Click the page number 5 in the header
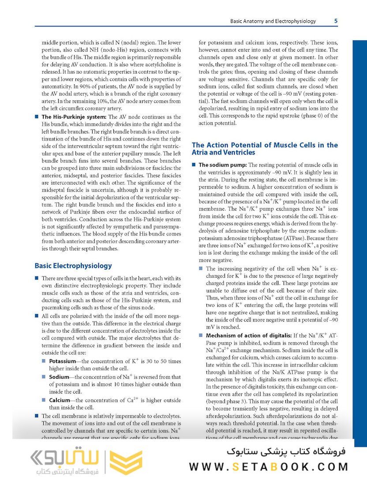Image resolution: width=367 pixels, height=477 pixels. [x=336, y=21]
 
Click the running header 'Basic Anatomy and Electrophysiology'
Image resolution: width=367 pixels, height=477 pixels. [x=273, y=21]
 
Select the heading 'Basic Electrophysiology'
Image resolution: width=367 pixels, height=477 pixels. [x=73, y=266]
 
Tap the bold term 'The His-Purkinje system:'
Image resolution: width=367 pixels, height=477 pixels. [x=74, y=117]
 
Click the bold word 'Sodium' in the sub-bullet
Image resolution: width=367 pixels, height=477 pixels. [x=59, y=377]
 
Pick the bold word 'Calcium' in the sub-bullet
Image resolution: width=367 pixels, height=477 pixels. [x=60, y=400]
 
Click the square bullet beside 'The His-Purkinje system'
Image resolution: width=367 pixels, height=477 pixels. [x=36, y=117]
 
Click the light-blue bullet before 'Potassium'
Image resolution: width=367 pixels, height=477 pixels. [x=44, y=361]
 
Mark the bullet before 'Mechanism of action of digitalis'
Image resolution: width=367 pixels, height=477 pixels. [x=201, y=335]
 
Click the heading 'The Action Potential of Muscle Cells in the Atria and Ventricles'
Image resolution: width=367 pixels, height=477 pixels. [x=265, y=148]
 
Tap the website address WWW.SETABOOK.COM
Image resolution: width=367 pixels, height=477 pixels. [x=269, y=466]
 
